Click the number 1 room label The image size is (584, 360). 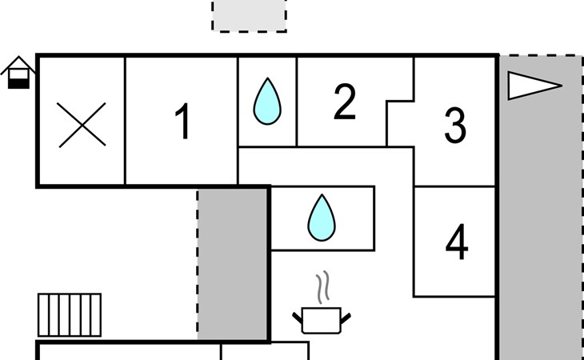[x=183, y=122]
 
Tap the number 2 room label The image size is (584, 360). [x=344, y=102]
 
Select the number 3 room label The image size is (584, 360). [x=455, y=125]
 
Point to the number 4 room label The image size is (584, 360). [x=456, y=242]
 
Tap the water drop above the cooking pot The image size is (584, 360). [x=322, y=218]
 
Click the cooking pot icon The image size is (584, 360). [x=322, y=320]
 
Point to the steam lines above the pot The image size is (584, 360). [x=322, y=288]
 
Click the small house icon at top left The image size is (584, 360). [x=18, y=73]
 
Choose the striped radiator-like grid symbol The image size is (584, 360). [x=70, y=314]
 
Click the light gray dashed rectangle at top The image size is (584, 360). [x=249, y=16]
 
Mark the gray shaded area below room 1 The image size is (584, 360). [x=233, y=264]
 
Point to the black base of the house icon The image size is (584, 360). [x=18, y=81]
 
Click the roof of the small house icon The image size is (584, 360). [x=18, y=65]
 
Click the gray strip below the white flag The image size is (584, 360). [x=540, y=240]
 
